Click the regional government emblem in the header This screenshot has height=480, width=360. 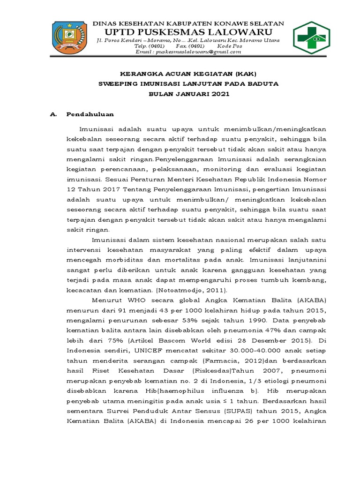click(69, 38)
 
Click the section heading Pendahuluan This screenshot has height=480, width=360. click(90, 114)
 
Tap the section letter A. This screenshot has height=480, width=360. click(53, 114)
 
